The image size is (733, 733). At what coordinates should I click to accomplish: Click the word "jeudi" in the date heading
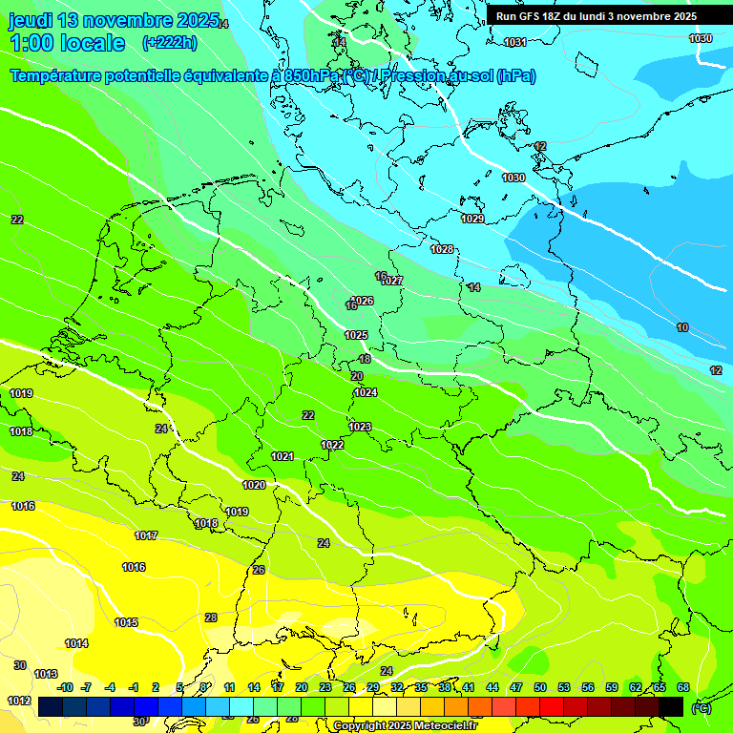(x=31, y=20)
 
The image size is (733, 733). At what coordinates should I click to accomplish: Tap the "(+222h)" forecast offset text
(x=169, y=42)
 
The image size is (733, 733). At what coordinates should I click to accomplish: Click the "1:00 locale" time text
(x=67, y=43)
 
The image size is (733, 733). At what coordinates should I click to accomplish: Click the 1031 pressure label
(x=515, y=42)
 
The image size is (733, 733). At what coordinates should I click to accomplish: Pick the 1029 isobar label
(x=472, y=219)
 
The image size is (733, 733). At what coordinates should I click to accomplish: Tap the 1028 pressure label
(x=442, y=249)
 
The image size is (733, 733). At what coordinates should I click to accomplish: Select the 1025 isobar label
(x=356, y=335)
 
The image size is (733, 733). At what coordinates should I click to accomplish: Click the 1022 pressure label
(x=332, y=446)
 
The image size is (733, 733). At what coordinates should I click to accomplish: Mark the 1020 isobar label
(x=254, y=485)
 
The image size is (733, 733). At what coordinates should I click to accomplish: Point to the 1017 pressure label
(x=146, y=535)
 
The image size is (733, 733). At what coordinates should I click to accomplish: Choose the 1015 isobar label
(x=126, y=622)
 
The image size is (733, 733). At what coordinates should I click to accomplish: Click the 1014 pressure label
(x=76, y=643)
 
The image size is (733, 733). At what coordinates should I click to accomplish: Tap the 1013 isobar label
(x=46, y=674)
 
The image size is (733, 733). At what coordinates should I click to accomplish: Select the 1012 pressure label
(x=19, y=701)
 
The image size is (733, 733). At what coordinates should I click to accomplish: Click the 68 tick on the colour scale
(x=683, y=687)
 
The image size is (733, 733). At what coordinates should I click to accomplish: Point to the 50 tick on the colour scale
(x=540, y=687)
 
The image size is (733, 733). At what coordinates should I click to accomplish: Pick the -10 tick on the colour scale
(x=65, y=687)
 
